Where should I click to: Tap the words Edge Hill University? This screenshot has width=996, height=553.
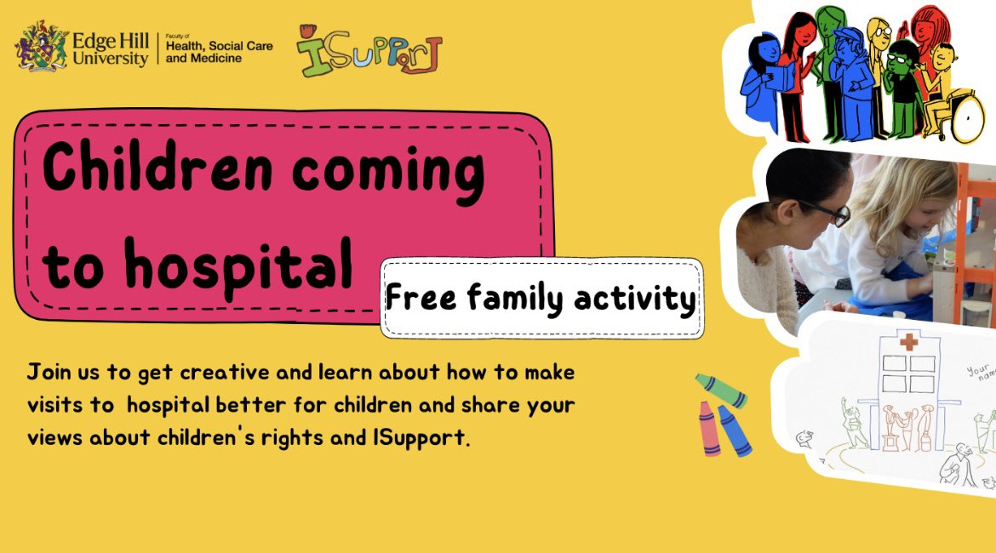coord(111,48)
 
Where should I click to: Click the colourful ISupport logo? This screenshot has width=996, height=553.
coord(369,50)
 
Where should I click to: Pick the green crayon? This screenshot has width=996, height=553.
coord(720,391)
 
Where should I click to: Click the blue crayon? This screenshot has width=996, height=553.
coord(734,430)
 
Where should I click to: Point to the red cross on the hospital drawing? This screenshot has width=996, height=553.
coord(910,342)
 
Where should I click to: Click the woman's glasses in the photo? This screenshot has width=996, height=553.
coord(833,214)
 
